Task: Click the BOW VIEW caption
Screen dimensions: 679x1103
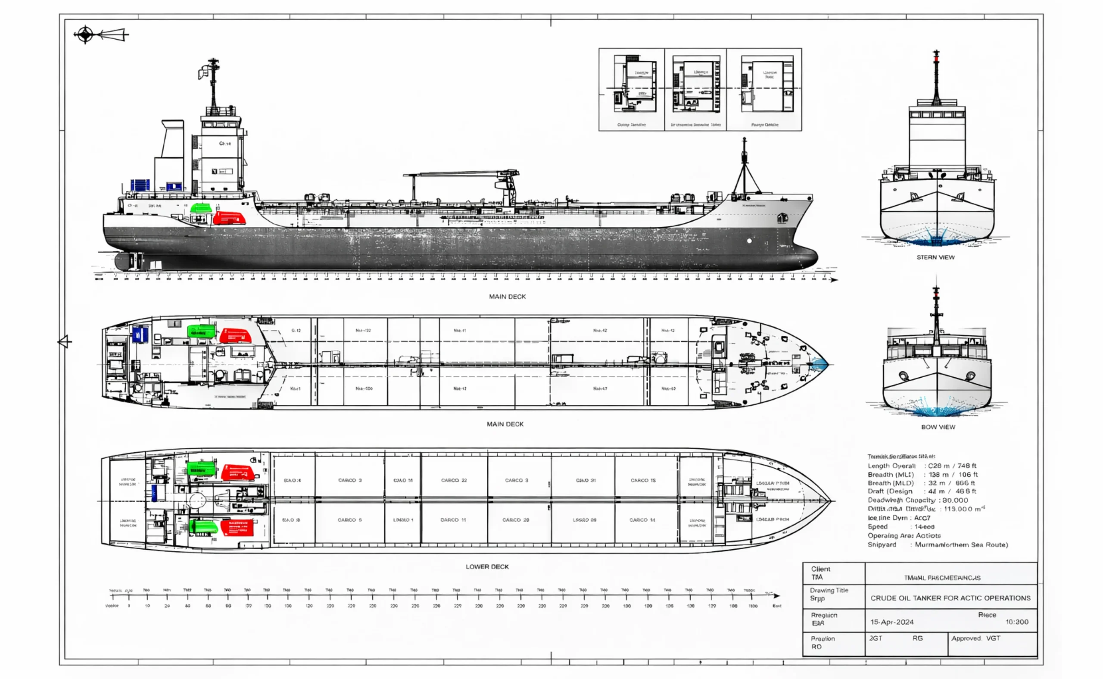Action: [938, 427]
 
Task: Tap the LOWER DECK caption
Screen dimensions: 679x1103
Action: [487, 567]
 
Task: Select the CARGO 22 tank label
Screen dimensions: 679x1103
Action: [454, 480]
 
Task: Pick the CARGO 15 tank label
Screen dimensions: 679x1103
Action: [642, 480]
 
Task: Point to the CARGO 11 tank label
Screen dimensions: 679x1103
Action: [453, 519]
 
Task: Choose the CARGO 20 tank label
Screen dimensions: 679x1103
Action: [516, 519]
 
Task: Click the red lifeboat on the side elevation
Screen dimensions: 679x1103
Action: [229, 218]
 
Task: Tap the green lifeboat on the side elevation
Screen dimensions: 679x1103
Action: [201, 208]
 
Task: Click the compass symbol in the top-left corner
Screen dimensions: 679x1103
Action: [85, 34]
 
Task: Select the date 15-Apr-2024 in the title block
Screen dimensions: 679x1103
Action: [891, 622]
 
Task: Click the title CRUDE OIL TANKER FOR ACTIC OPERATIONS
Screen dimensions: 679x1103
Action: [950, 598]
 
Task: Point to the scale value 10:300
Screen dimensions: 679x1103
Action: [1016, 622]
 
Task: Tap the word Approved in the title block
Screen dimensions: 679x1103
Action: [966, 638]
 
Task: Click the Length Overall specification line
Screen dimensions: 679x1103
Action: [922, 466]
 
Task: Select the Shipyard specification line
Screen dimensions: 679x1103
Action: [937, 545]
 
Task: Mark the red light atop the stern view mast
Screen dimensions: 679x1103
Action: [936, 56]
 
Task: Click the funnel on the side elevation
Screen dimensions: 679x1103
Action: [172, 139]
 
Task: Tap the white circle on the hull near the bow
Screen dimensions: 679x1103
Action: [749, 241]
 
